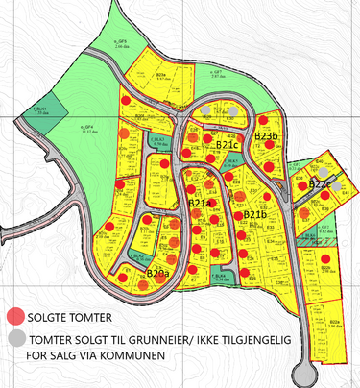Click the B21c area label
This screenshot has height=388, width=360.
tap(228, 144)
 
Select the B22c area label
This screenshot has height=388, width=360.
tap(321, 183)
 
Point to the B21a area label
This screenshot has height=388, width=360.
tap(200, 204)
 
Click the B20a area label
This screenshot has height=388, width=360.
tap(158, 274)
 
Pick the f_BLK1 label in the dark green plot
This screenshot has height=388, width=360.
tap(40, 110)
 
